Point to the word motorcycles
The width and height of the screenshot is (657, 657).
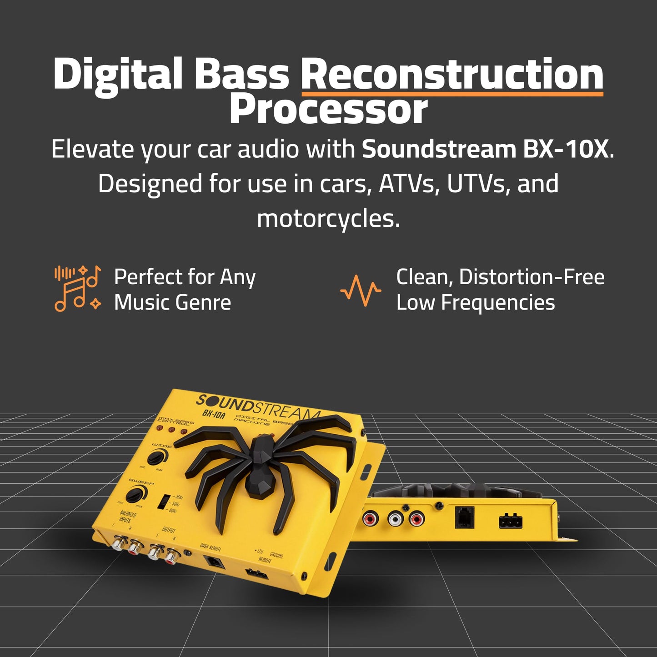pos(328,219)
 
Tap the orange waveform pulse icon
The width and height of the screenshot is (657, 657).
pos(361,290)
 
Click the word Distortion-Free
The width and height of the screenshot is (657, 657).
pos(532,277)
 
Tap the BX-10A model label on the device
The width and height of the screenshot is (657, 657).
pos(214,415)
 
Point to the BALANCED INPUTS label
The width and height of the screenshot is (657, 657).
pos(128,517)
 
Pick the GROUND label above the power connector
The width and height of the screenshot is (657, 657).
pos(276,555)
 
